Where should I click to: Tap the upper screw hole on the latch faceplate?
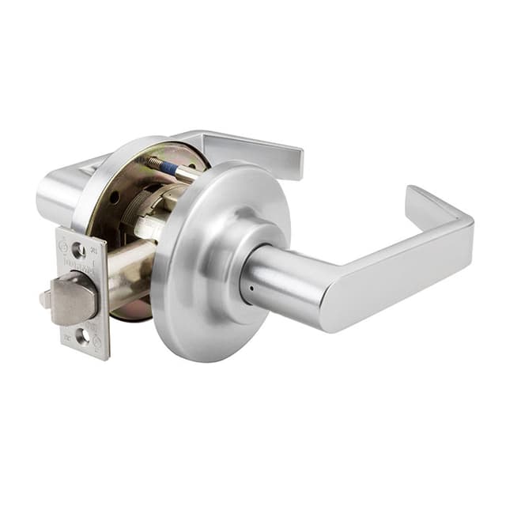click(77, 250)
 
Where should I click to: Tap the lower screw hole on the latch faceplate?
click(81, 335)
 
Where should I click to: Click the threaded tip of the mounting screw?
click(153, 161)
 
